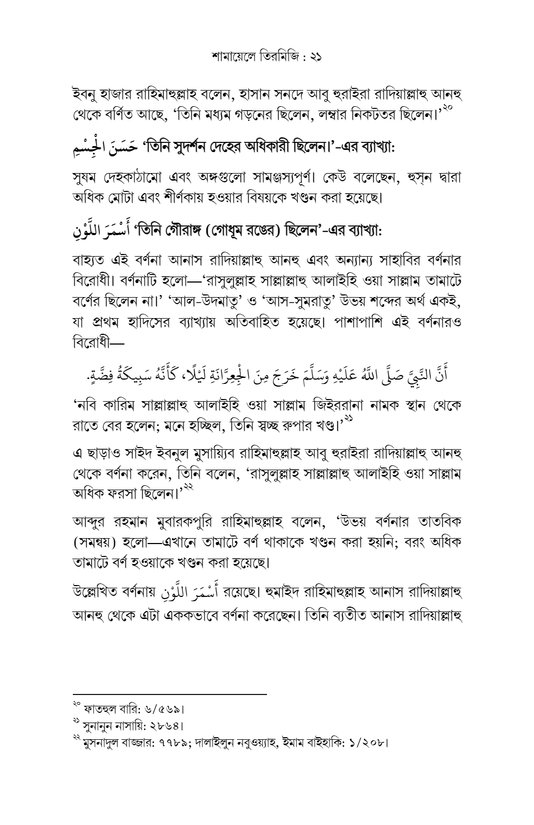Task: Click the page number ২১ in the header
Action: tap(314, 56)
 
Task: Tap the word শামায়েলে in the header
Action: tap(232, 56)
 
